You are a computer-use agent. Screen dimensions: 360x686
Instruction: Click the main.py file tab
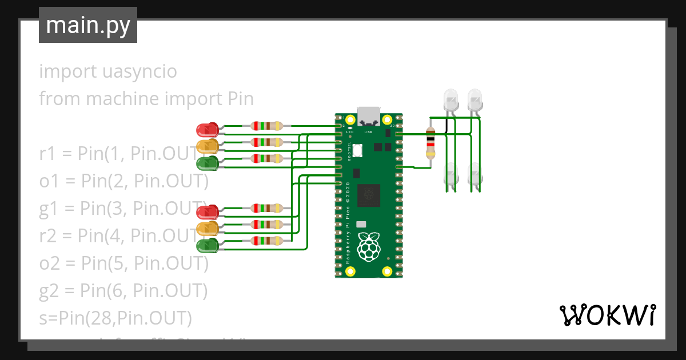coord(87,25)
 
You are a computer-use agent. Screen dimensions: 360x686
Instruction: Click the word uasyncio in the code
coord(141,72)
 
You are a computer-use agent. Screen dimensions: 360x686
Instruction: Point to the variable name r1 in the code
coord(48,154)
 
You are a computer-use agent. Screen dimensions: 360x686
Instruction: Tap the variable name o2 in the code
coord(49,263)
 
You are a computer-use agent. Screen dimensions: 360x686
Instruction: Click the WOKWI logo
coord(607,315)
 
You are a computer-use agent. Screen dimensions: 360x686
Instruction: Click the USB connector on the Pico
coord(369,116)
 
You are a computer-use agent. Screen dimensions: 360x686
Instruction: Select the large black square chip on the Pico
coord(369,195)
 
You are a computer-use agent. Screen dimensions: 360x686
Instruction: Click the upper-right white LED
coord(474,99)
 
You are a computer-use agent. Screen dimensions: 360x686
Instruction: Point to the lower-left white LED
coord(451,174)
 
